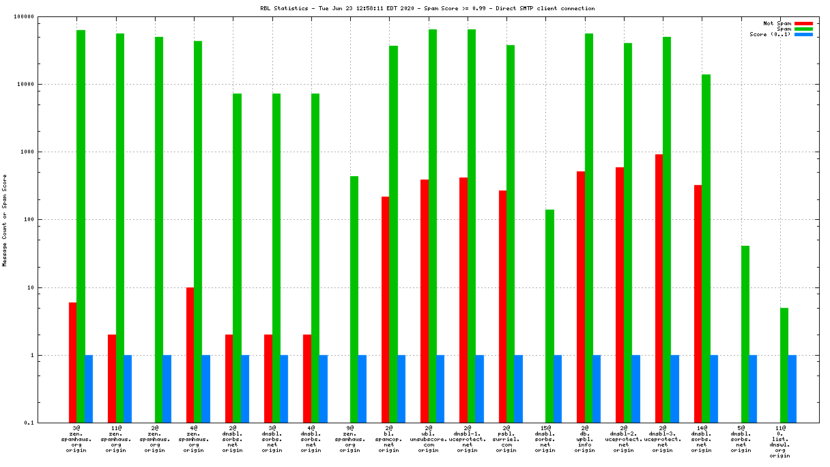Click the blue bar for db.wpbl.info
[x=597, y=388]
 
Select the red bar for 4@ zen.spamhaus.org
[x=190, y=354]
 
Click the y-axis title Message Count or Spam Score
[x=5, y=220]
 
